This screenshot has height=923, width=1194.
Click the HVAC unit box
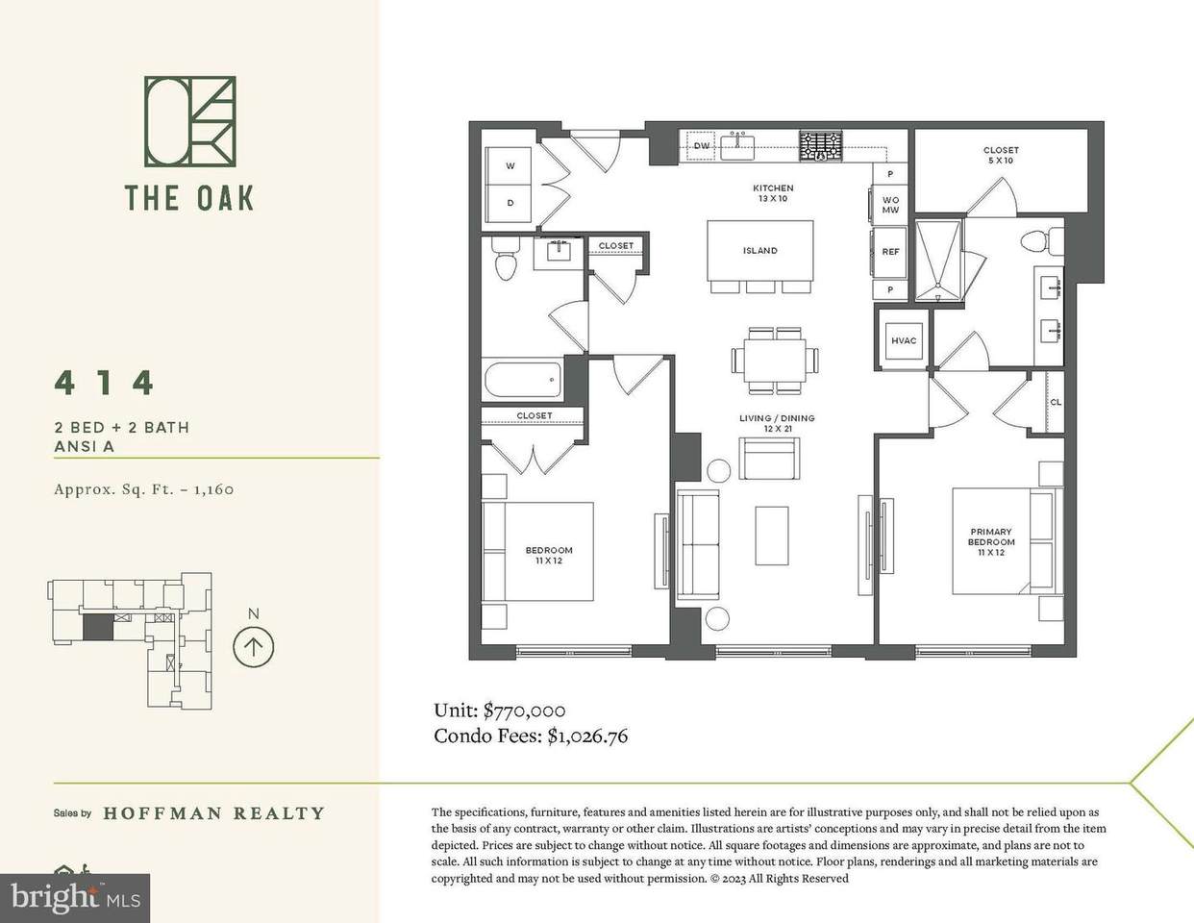click(904, 340)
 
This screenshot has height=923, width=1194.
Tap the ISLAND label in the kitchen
click(759, 251)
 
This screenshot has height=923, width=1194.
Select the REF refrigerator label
click(890, 252)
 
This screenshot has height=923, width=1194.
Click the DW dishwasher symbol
click(701, 145)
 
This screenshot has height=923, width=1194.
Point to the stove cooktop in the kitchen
click(820, 146)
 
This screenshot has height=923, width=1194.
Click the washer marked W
click(510, 166)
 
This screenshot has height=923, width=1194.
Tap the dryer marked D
click(510, 203)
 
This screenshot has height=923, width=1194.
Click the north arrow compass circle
click(253, 647)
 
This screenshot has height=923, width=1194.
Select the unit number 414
click(104, 383)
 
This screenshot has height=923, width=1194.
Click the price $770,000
click(524, 711)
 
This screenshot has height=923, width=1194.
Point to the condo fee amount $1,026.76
click(587, 736)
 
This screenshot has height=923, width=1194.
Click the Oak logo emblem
click(190, 121)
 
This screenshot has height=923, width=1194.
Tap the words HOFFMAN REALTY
click(213, 813)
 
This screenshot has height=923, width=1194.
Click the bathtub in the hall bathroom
click(523, 379)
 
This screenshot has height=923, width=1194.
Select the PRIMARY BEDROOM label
click(991, 536)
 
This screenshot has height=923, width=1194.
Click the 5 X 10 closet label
click(1001, 161)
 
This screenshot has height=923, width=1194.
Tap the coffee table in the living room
click(771, 536)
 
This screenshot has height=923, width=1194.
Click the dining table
click(775, 360)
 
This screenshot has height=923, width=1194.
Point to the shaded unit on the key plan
click(98, 628)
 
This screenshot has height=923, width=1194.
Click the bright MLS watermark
click(75, 898)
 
